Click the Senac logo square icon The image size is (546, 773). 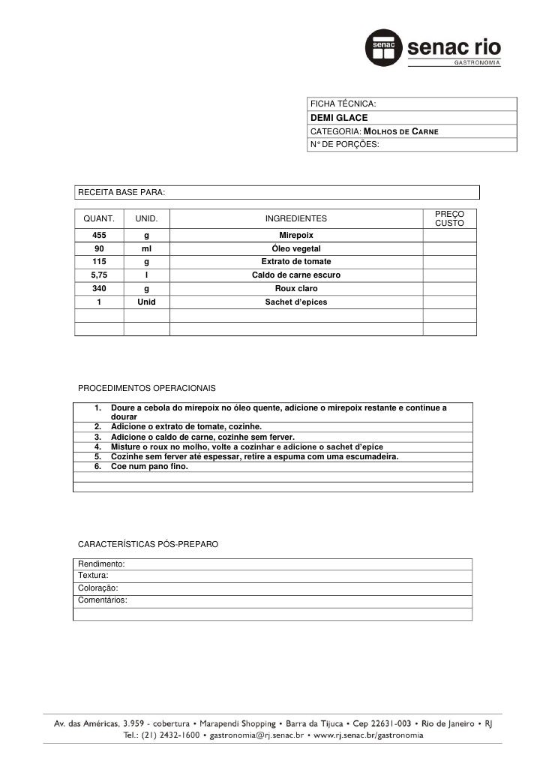coord(384,49)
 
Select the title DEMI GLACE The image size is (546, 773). coord(336,118)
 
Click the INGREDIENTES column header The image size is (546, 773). coord(296,219)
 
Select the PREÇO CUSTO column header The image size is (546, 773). coord(450,219)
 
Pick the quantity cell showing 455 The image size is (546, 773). coord(99,235)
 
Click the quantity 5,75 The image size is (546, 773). coord(99,275)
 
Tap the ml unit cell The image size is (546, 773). coord(146,248)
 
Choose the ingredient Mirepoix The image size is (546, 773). coord(296,235)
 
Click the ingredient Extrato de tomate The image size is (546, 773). coord(296,262)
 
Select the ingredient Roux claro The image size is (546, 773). coord(296,289)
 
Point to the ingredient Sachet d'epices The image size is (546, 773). coord(296,302)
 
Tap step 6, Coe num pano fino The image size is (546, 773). coord(150,466)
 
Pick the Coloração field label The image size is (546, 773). coord(97,588)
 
